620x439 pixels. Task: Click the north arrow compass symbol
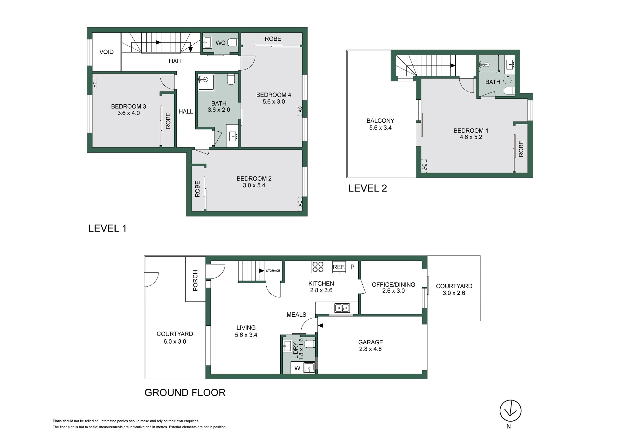pyautogui.click(x=510, y=411)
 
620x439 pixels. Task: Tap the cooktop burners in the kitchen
pyautogui.click(x=318, y=267)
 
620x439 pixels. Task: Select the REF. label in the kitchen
pyautogui.click(x=339, y=267)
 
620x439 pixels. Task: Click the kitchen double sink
pyautogui.click(x=342, y=308)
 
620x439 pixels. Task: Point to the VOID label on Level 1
pyautogui.click(x=106, y=52)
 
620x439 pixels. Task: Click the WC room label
pyautogui.click(x=220, y=43)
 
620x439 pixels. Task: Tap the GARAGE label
pyautogui.click(x=370, y=342)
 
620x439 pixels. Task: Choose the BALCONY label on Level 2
pyautogui.click(x=380, y=121)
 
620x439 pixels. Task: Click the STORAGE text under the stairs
pyautogui.click(x=273, y=271)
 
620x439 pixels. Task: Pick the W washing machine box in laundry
pyautogui.click(x=297, y=368)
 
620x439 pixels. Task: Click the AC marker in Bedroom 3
pyautogui.click(x=95, y=84)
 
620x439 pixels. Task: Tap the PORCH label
pyautogui.click(x=195, y=281)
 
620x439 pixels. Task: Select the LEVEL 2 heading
pyautogui.click(x=368, y=188)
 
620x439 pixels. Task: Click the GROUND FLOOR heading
pyautogui.click(x=185, y=392)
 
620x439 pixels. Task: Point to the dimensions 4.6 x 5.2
pyautogui.click(x=471, y=137)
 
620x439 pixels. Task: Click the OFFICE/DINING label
pyautogui.click(x=393, y=284)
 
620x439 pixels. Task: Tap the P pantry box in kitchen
pyautogui.click(x=352, y=267)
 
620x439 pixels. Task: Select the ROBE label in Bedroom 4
pyautogui.click(x=273, y=39)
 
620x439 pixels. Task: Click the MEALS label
pyautogui.click(x=296, y=315)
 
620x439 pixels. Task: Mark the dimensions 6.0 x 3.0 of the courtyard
pyautogui.click(x=175, y=342)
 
